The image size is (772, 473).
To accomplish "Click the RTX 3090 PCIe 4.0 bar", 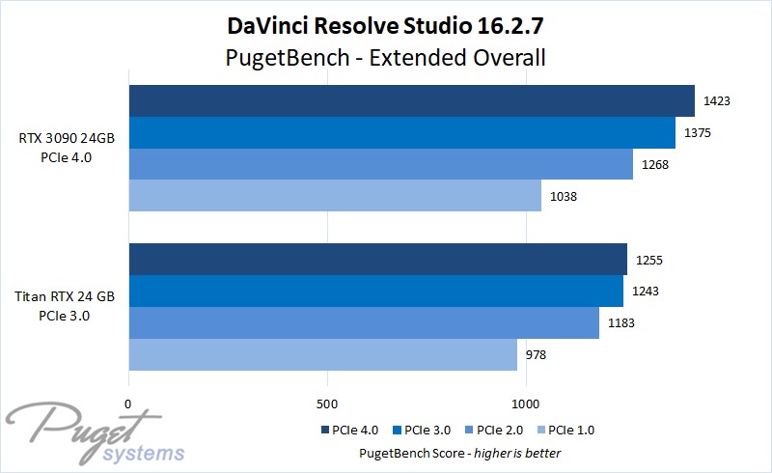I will coord(411,100).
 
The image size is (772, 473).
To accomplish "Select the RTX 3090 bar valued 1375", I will coord(401,132).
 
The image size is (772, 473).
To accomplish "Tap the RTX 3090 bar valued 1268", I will coord(380,164).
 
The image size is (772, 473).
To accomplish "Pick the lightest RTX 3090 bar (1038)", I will coord(335,196).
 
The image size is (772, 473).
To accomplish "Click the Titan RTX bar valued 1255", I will coord(377,260).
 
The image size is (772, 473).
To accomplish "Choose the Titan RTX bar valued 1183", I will coord(364,323).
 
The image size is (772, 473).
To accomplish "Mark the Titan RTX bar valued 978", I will coord(322,355).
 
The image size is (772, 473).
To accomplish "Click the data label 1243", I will coord(647,292).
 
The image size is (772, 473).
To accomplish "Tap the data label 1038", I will coord(565,196).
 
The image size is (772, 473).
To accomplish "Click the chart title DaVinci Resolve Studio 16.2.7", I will coord(386,23).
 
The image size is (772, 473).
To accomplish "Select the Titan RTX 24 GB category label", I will coord(66,307).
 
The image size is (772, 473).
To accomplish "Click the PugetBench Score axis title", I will coord(459,453).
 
